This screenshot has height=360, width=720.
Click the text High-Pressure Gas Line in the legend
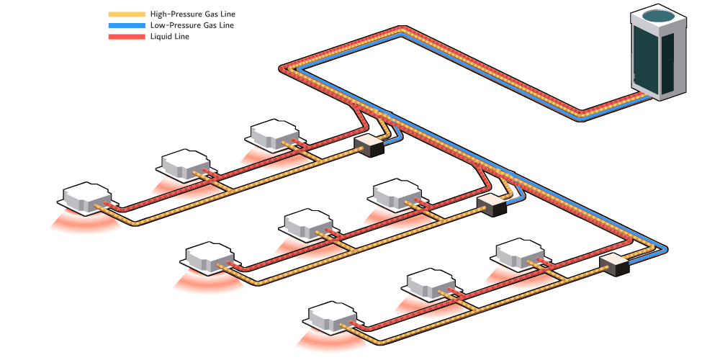click(x=192, y=14)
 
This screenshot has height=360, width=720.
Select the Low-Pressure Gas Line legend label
click(x=192, y=25)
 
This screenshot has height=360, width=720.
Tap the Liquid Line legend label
click(x=170, y=36)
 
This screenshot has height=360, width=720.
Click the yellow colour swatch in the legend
click(x=127, y=14)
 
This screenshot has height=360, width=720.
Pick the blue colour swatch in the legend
click(x=127, y=25)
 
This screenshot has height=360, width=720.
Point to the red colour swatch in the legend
click(x=127, y=36)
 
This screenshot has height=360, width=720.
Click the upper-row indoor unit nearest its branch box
click(x=274, y=134)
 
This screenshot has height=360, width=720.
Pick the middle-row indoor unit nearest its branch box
click(x=396, y=194)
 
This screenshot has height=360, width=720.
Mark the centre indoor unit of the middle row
click(x=306, y=225)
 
